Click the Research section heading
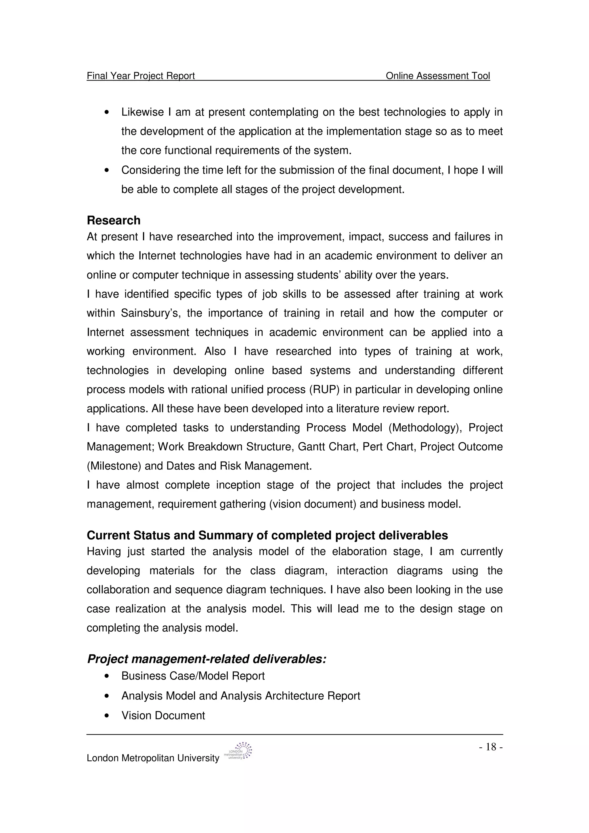click(113, 220)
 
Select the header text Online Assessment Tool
click(438, 76)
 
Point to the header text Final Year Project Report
click(141, 76)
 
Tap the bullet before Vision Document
click(106, 716)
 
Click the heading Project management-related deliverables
click(206, 659)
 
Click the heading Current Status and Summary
click(267, 535)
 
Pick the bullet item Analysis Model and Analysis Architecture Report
click(241, 696)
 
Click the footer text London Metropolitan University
click(153, 758)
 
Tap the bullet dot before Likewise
click(106, 112)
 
